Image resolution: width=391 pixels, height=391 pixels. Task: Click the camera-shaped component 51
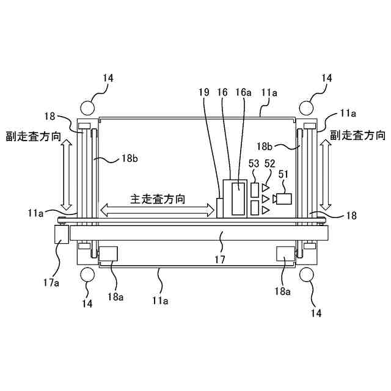click(x=283, y=199)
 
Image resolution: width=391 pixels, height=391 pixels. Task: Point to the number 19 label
click(x=205, y=92)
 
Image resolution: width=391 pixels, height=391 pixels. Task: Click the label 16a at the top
click(x=243, y=92)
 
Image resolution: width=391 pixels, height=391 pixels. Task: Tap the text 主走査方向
click(x=158, y=199)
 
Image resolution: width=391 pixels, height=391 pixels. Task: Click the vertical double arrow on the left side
click(x=67, y=174)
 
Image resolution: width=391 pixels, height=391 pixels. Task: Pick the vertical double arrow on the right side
click(x=326, y=174)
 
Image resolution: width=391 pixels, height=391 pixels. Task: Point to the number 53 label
click(x=254, y=164)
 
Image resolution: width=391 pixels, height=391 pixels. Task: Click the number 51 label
click(x=283, y=174)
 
